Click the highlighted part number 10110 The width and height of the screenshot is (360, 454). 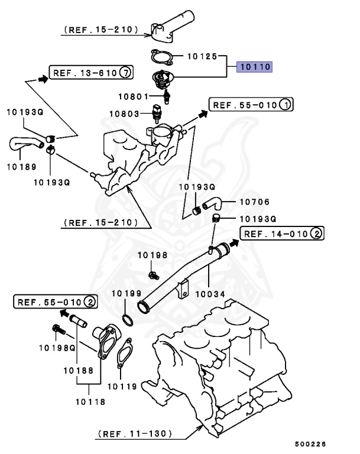255,67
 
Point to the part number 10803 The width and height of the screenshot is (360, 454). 125,113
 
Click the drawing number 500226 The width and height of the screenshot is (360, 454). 311,444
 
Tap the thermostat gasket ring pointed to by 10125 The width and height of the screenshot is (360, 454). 161,57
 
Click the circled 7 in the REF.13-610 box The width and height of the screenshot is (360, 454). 125,73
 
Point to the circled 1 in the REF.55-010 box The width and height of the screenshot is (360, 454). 285,105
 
